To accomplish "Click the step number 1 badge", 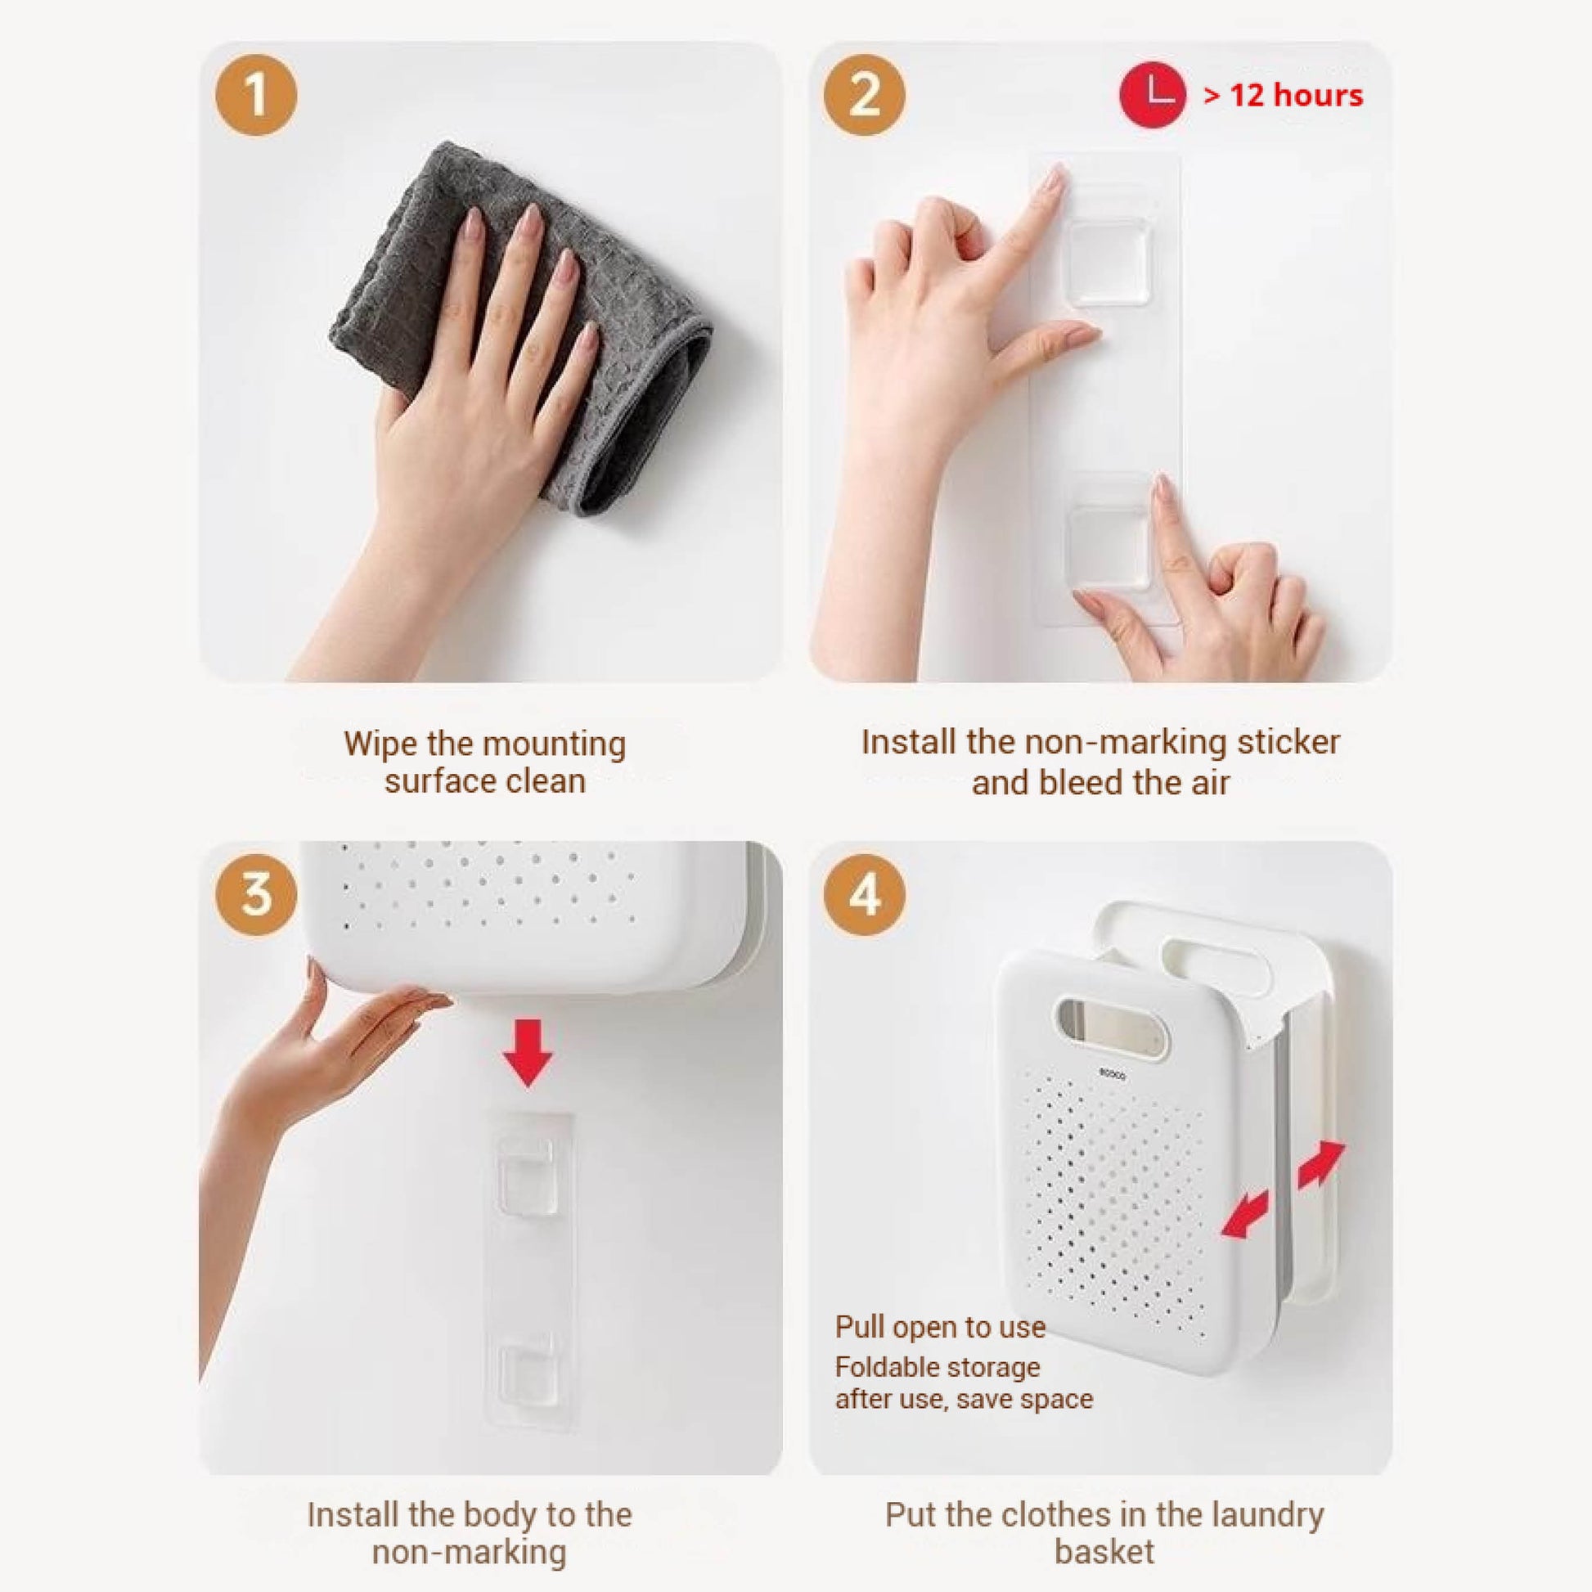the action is (256, 96).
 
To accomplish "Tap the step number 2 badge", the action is (865, 96).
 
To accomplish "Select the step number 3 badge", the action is (256, 894).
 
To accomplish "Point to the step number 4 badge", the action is (865, 894).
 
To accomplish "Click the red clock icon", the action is (1152, 95).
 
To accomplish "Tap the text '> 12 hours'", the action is (1283, 96).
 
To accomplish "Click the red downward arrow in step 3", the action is (528, 1052).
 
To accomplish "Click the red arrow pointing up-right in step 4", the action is (1321, 1164).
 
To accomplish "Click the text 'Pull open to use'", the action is (940, 1328).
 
